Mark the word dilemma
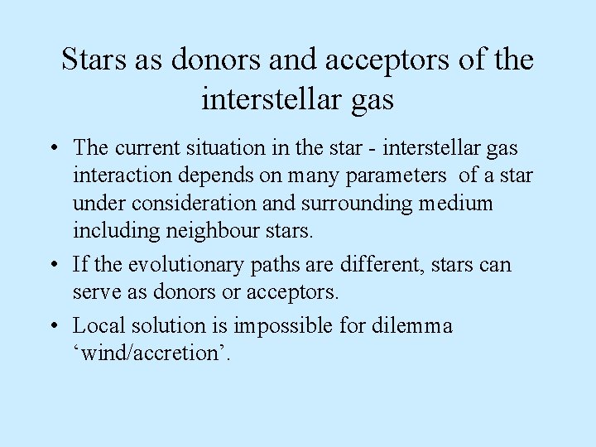414,326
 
